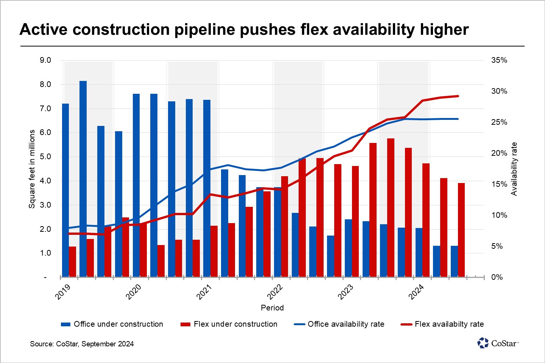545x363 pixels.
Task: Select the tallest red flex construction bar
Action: click(x=391, y=208)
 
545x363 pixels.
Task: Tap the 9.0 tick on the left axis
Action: click(x=45, y=60)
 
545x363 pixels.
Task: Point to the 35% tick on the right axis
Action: click(x=499, y=60)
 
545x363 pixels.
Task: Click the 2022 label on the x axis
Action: click(x=275, y=292)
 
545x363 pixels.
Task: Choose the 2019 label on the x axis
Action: click(x=63, y=292)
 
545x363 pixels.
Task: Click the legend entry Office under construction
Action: click(x=112, y=324)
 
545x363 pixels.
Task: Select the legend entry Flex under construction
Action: click(x=229, y=324)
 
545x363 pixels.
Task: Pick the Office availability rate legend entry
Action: click(x=339, y=324)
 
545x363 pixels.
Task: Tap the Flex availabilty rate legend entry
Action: click(x=442, y=324)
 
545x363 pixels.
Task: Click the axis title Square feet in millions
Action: click(x=32, y=169)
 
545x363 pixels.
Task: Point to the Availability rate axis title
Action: click(x=514, y=169)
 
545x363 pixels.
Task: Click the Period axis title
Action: click(x=272, y=308)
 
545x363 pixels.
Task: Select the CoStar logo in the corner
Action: click(x=498, y=343)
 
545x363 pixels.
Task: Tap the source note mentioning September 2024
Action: click(x=82, y=344)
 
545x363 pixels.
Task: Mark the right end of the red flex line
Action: click(x=458, y=96)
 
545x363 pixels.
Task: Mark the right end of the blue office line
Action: click(x=458, y=119)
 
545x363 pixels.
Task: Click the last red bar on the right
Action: click(x=461, y=230)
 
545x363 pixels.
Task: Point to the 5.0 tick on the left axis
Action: click(x=45, y=157)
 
